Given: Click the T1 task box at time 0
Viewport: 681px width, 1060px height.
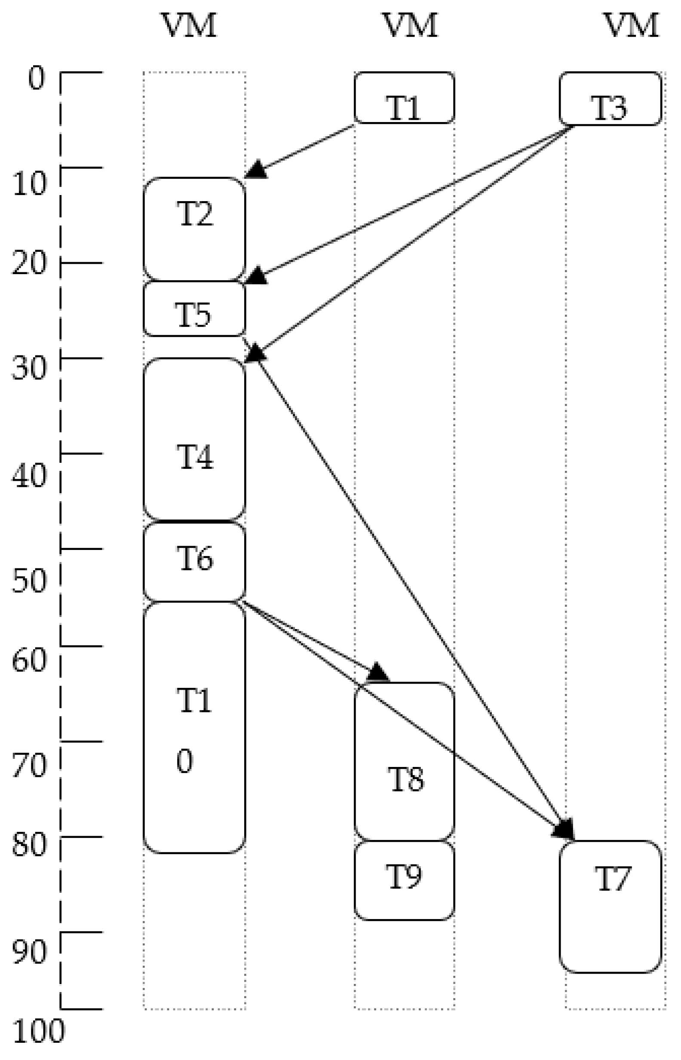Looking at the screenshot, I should click(404, 98).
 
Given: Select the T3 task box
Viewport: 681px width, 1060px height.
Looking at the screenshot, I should click(610, 98).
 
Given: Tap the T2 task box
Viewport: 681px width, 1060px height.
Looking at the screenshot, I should click(194, 229).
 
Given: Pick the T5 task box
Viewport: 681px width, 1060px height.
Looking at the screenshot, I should click(194, 309).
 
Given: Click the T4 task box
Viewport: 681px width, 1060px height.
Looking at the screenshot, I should click(194, 439).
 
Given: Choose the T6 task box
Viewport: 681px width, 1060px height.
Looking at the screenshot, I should click(194, 562).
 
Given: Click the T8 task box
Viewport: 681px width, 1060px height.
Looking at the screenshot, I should click(404, 761).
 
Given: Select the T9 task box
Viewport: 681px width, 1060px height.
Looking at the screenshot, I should click(404, 880).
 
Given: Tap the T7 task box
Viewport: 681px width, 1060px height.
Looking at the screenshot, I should click(610, 906).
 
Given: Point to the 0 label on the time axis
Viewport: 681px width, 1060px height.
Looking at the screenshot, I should click(37, 79).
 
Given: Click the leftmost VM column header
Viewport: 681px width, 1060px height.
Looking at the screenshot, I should click(190, 25).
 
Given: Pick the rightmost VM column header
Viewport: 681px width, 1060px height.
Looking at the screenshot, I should click(631, 25).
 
